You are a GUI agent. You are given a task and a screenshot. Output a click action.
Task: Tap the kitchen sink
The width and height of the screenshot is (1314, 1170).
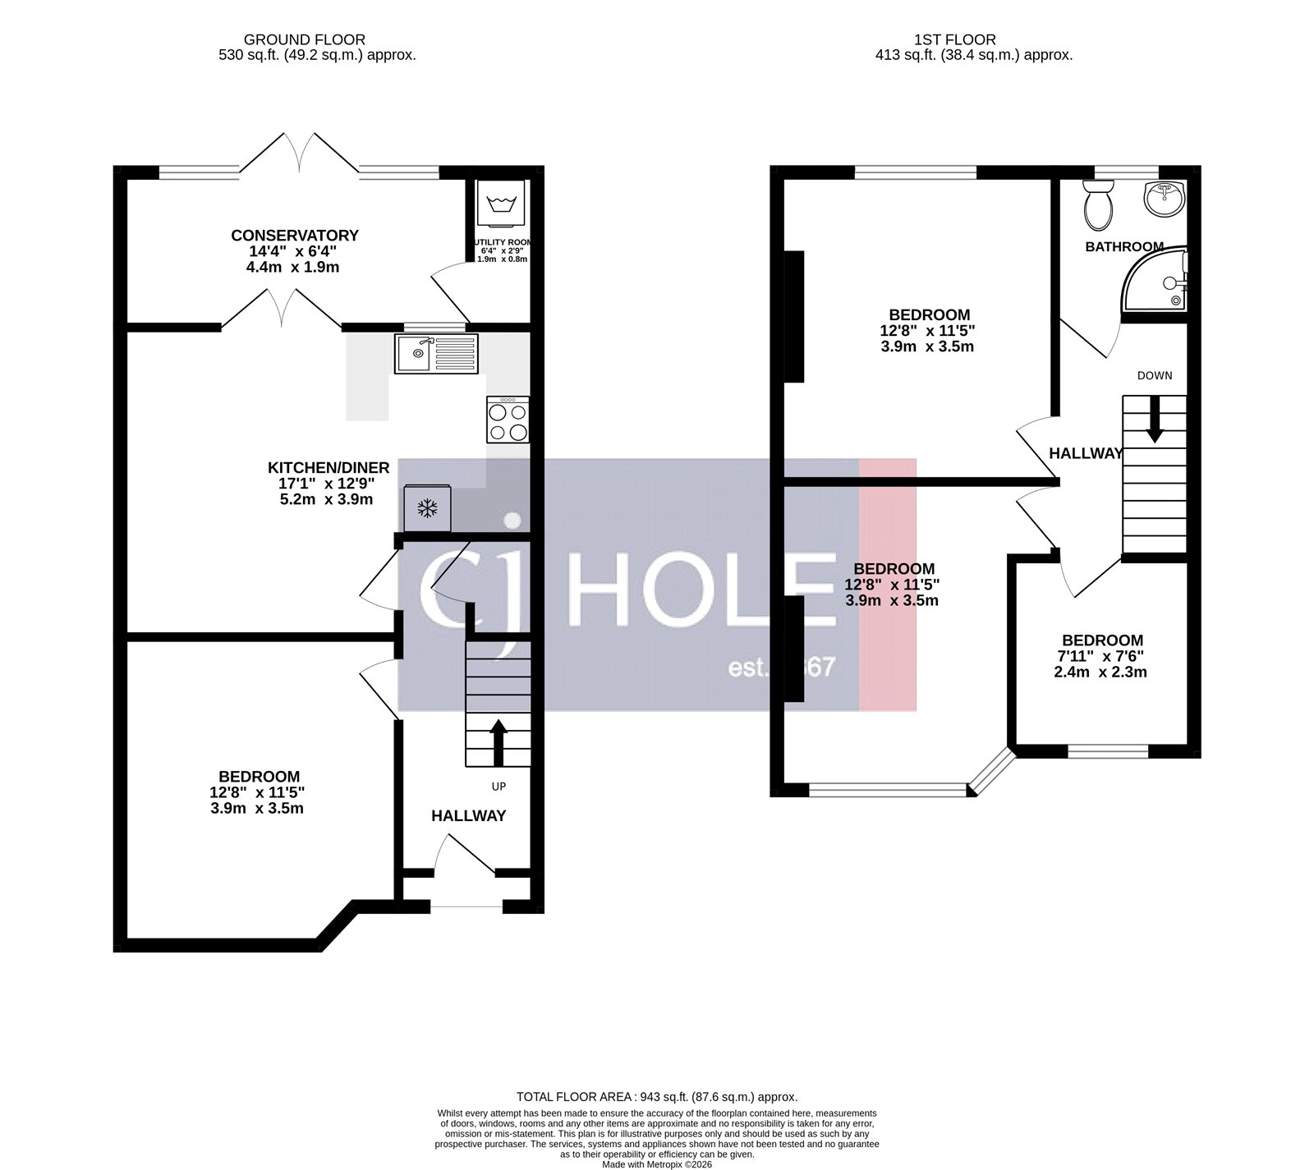click(435, 353)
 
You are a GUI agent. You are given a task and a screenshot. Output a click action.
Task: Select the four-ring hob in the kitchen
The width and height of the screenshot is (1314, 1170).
click(508, 420)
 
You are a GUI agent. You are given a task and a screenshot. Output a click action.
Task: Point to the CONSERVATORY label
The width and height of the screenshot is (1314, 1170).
click(295, 236)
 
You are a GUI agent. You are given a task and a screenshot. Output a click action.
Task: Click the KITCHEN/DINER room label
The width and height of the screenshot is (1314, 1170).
click(328, 468)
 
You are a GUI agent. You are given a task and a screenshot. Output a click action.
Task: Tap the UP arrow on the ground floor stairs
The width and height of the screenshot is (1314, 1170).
click(498, 736)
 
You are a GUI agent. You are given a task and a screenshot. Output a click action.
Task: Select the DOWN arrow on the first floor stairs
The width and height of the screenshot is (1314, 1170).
click(1154, 419)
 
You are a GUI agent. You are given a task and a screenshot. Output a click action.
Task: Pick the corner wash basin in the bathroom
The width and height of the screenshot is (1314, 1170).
click(1165, 197)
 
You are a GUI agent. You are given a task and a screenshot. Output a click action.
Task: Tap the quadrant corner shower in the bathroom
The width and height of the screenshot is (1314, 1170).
click(1158, 282)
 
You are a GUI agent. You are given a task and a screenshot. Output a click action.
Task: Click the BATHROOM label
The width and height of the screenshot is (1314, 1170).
click(1124, 246)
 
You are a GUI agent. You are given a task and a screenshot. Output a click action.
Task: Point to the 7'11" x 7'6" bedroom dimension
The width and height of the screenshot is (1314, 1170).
click(1101, 656)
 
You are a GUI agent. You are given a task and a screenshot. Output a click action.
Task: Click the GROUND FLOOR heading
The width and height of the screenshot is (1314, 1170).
click(305, 39)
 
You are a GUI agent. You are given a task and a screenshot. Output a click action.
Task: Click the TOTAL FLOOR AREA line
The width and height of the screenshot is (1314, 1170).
click(657, 1096)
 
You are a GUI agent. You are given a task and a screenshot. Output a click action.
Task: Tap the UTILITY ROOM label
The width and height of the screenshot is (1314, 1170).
click(502, 242)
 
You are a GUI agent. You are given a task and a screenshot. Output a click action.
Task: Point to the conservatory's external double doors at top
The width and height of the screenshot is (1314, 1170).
click(300, 154)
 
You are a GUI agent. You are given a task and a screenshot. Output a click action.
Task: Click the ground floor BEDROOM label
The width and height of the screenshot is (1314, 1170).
click(259, 776)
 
